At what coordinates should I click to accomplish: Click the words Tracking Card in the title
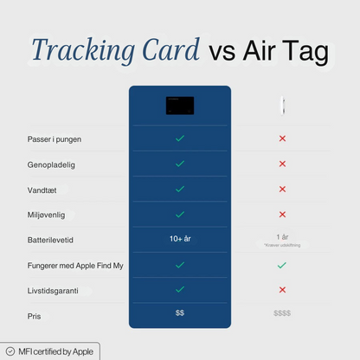coord(115,51)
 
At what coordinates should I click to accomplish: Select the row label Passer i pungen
coord(55,138)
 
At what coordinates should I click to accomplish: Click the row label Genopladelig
coord(49,164)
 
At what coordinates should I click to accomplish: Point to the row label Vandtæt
coord(43,189)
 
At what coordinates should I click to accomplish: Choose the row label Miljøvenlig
coord(47,214)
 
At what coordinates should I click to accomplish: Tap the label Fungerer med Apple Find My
coord(75,265)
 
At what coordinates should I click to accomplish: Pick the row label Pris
coord(34,315)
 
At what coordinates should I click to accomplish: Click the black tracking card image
coord(180,106)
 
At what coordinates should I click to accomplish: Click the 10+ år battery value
coord(180,238)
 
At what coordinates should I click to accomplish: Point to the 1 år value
coord(282,237)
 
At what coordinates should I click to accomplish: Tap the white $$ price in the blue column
coord(180,312)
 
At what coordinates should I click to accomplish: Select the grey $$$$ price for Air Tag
coord(282,313)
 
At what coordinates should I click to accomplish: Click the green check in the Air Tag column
coord(282,265)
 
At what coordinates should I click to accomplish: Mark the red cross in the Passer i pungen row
coord(282,138)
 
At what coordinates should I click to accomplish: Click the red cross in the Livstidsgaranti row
coord(282,290)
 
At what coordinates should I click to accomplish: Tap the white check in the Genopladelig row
coord(180,164)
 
